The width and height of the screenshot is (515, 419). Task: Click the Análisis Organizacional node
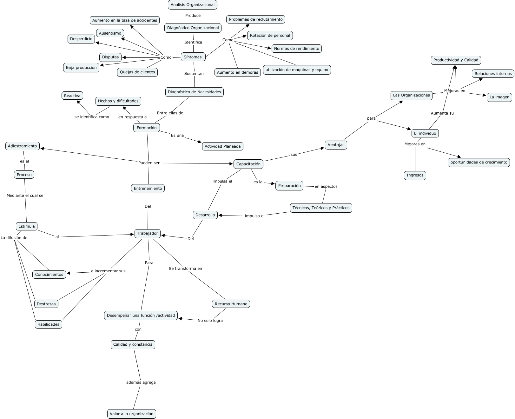(x=193, y=5)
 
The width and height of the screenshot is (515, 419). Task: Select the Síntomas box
(x=193, y=57)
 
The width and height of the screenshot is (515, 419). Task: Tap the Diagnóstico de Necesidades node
(x=194, y=92)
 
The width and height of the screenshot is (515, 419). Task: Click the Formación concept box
(x=147, y=128)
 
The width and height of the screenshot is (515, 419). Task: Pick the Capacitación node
(x=248, y=164)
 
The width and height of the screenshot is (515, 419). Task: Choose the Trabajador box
(x=147, y=233)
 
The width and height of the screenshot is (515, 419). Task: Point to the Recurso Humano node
(x=231, y=304)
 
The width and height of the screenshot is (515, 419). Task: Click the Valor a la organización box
(x=131, y=414)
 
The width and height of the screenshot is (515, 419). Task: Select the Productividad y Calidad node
(x=456, y=60)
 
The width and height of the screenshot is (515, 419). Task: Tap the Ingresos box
(x=415, y=175)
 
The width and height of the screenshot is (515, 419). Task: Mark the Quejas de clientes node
(x=137, y=72)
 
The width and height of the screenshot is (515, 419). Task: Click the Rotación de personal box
(x=270, y=36)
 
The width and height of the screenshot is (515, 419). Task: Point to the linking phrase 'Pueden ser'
(x=149, y=163)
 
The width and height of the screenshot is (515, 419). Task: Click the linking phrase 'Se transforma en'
(x=185, y=269)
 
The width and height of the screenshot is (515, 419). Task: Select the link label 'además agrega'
(x=141, y=382)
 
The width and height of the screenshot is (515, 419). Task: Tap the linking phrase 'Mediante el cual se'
(x=25, y=196)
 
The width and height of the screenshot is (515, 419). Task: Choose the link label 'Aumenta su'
(x=442, y=113)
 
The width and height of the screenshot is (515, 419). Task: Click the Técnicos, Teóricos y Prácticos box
(x=321, y=208)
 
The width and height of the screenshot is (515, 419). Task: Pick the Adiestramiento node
(x=23, y=146)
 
